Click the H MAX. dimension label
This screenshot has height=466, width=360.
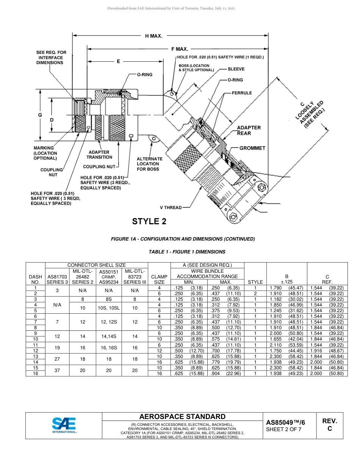154,36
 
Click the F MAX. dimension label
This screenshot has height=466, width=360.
180,49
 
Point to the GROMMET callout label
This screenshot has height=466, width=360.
252,148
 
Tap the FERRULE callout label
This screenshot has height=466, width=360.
242,93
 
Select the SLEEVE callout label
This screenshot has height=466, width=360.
236,69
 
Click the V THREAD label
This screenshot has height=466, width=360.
171,208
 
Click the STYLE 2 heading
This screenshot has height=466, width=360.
149,221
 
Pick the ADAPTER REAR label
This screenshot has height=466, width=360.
249,130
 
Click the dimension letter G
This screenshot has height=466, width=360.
40,115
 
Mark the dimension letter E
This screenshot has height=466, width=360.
118,61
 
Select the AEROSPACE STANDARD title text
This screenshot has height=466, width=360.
182,416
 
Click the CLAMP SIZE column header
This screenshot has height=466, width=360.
159,279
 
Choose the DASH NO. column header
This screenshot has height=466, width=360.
35,279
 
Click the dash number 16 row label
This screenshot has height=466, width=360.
35,374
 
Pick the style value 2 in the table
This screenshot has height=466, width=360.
255,294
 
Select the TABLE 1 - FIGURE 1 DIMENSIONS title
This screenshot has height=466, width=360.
187,252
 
